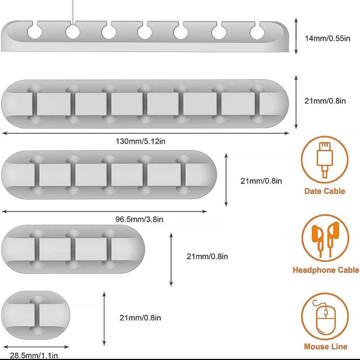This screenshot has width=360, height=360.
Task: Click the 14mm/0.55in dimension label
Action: coord(327,38)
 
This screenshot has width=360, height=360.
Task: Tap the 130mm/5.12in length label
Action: coord(141,141)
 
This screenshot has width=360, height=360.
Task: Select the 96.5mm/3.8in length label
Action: coord(139,220)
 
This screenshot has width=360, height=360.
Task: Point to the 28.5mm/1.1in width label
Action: coord(34,355)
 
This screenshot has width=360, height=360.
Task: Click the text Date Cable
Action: coord(324,191)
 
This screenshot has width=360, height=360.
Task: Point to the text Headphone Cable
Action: coord(326,270)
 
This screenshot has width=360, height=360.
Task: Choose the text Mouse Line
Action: coord(326,347)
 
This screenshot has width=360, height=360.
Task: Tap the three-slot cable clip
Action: coord(73,249)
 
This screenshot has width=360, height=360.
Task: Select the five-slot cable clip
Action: coord(109,175)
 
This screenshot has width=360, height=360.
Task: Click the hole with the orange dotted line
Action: coord(72,33)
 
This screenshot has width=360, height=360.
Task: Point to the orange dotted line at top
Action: coord(73,12)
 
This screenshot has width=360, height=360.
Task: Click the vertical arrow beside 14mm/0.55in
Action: coord(296,37)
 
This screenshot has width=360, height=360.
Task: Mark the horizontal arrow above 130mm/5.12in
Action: coord(146,133)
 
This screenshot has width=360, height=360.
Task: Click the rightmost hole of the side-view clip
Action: coord(258,32)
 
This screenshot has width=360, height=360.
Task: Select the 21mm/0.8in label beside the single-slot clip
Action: coord(140,318)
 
